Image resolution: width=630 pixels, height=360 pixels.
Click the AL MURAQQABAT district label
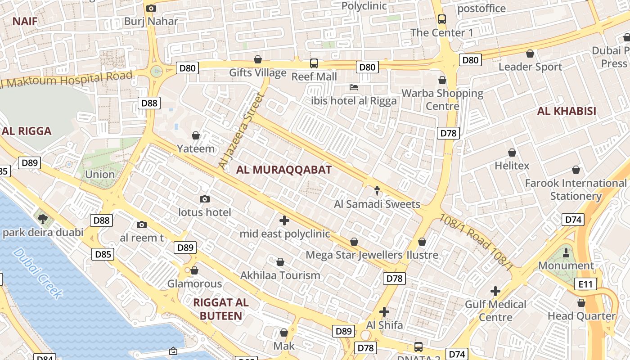click(x=283, y=170)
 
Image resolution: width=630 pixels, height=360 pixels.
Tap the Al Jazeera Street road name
click(x=240, y=131)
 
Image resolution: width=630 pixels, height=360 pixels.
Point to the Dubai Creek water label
click(x=38, y=273)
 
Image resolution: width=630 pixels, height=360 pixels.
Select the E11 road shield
click(x=585, y=284)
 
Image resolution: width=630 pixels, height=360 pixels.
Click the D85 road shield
click(x=103, y=254)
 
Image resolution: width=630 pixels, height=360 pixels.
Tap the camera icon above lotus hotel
click(x=205, y=199)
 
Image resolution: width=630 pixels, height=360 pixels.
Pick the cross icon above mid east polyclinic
click(x=284, y=220)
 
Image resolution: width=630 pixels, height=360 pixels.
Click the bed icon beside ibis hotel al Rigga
click(x=354, y=87)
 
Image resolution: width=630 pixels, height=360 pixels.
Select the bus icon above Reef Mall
click(x=314, y=63)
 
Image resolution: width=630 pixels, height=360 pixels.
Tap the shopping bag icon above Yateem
click(x=196, y=135)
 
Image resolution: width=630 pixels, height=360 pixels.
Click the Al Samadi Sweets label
click(x=377, y=204)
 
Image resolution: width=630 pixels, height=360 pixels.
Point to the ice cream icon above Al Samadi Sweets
click(x=377, y=191)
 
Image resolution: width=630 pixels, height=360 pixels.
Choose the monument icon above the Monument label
click(x=566, y=252)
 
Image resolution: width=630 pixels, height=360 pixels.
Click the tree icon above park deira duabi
click(x=43, y=219)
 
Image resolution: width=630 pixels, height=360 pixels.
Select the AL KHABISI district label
click(x=567, y=111)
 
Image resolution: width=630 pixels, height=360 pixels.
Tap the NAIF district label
click(x=25, y=21)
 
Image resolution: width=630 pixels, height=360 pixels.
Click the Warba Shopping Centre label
click(x=442, y=99)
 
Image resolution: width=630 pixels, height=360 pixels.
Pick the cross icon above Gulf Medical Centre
click(x=495, y=291)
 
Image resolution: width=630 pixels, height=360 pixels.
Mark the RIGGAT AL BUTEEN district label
click(x=220, y=309)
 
